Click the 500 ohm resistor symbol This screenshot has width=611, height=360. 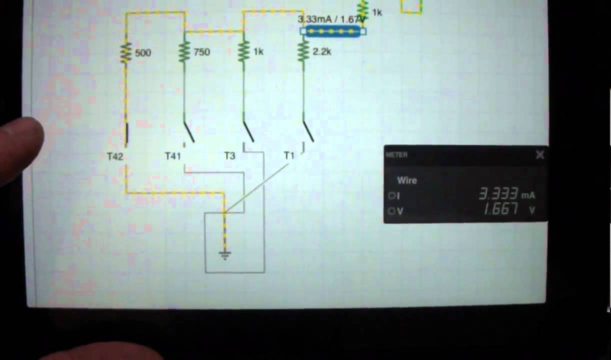coord(125,52)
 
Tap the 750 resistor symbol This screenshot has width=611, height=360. coord(184,51)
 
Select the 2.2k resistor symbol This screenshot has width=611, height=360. coord(303,51)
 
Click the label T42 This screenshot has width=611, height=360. coord(115,156)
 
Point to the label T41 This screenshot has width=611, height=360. coord(173,156)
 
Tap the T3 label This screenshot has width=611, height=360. coord(229,155)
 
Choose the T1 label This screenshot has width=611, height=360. coord(289,155)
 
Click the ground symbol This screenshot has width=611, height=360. coord(225,255)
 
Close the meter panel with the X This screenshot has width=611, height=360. coord(540,155)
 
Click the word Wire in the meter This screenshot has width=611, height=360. coord(407,180)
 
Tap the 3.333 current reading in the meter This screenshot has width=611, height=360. coord(498,194)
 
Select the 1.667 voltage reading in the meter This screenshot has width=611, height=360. coord(500,209)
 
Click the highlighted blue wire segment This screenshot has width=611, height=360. coord(333,31)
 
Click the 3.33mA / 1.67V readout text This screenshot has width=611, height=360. coord(329,19)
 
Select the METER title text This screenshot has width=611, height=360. coord(396,155)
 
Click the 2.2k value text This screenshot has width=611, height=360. coord(321,51)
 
